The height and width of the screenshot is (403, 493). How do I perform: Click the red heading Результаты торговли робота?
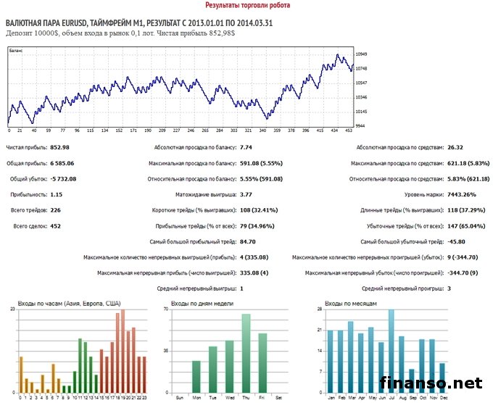(246, 5)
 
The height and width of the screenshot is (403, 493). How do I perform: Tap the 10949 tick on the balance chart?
(362, 54)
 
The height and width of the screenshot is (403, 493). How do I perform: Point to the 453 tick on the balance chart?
(349, 131)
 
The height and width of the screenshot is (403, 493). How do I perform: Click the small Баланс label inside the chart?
(16, 51)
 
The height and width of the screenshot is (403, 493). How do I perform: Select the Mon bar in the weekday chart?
(196, 375)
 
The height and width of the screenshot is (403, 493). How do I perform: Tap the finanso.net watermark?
(430, 382)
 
